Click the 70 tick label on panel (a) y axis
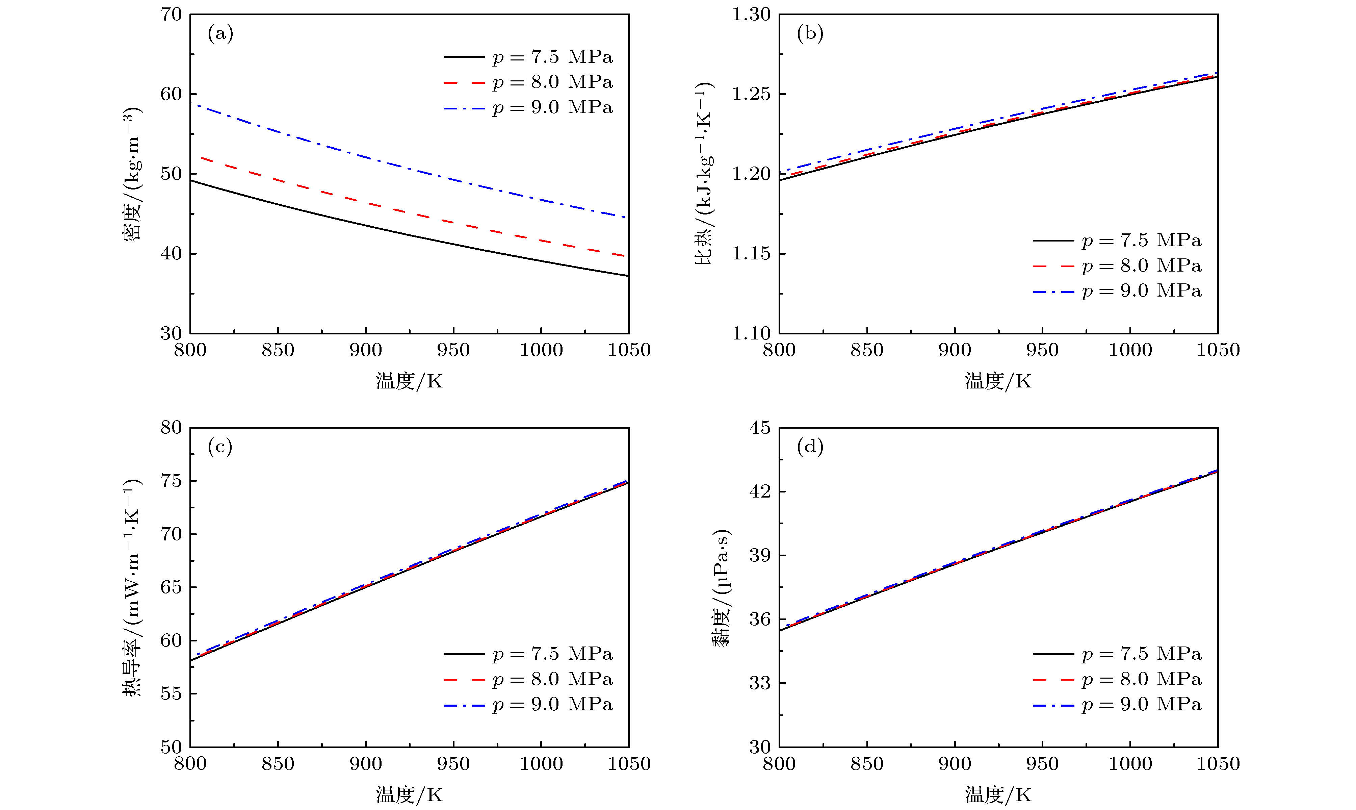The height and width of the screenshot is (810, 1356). click(x=171, y=15)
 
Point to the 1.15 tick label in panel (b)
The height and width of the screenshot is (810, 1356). click(x=752, y=254)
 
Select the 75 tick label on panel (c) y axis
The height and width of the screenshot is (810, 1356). click(x=171, y=481)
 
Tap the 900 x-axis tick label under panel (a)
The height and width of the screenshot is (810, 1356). click(x=365, y=350)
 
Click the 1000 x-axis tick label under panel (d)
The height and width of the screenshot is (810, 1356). click(x=1130, y=763)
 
